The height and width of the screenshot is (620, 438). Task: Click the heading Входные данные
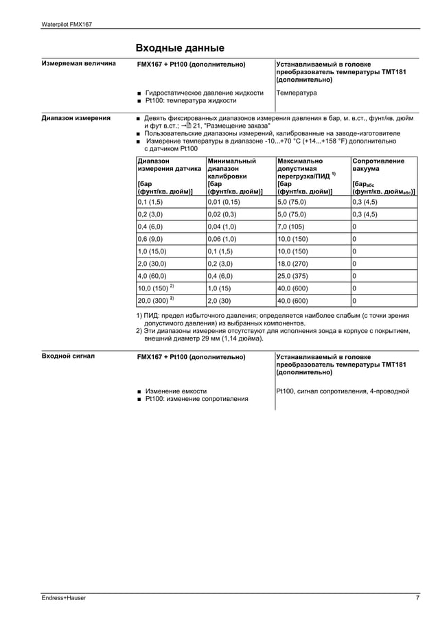point(179,47)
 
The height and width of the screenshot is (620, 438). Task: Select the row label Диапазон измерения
point(76,118)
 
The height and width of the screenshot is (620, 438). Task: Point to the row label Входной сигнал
point(68,357)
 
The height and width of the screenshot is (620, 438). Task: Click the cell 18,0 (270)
point(292,263)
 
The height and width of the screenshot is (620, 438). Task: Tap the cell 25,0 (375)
point(292,275)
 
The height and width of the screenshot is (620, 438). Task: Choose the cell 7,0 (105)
point(290,226)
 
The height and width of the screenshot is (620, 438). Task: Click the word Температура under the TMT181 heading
point(297,92)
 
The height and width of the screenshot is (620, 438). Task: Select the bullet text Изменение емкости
point(175,391)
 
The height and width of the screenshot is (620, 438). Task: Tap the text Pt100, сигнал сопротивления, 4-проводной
point(343,391)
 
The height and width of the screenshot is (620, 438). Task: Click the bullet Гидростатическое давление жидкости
point(204,92)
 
